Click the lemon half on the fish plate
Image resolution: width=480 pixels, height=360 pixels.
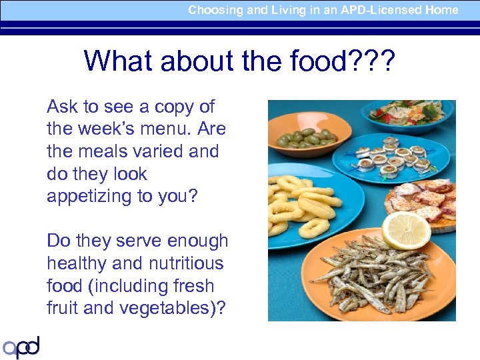point(405,230)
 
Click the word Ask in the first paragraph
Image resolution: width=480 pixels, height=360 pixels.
point(62,107)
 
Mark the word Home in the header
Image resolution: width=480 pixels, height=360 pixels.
point(443,10)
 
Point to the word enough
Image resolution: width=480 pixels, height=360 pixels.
point(193,241)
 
